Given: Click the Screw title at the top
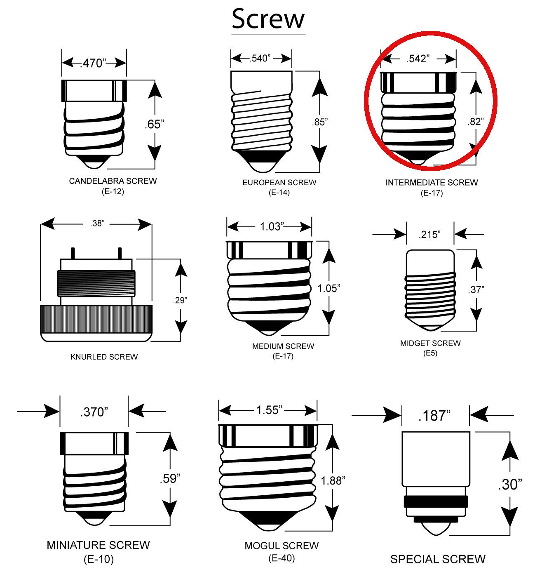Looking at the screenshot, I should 268,19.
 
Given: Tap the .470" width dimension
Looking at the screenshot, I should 94,63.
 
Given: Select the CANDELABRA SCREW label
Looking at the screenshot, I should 113,181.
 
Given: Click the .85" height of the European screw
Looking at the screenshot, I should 320,122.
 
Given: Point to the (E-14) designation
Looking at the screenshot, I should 279,193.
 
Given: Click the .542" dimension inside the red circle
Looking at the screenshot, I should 418,59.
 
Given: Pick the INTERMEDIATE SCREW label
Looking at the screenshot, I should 432,182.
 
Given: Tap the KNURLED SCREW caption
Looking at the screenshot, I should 104,357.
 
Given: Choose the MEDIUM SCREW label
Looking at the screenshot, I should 283,346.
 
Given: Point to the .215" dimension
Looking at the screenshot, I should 430,235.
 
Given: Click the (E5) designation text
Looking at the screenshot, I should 430,353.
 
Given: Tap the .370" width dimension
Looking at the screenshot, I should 94,412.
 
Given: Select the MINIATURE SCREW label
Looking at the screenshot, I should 98,545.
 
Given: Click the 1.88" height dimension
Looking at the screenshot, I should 333,480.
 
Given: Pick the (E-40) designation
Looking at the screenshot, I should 282,558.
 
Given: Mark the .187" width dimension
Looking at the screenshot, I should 434,415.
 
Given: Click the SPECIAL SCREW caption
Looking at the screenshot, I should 438,559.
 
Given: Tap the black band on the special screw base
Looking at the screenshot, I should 436,502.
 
